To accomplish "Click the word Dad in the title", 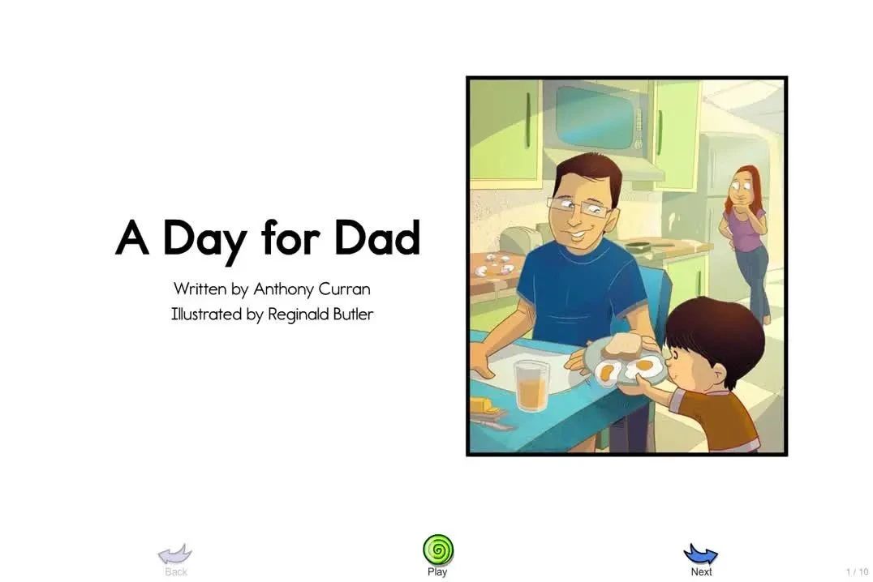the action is (377, 238).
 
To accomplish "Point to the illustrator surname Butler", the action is (353, 314).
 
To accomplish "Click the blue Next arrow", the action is (701, 554).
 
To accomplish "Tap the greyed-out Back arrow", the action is (175, 554).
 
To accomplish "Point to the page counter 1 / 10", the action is (858, 571).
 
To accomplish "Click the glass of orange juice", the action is (531, 386).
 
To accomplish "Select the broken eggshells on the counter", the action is (496, 265).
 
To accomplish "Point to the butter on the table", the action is (484, 405).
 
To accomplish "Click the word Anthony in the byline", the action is (283, 289).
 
